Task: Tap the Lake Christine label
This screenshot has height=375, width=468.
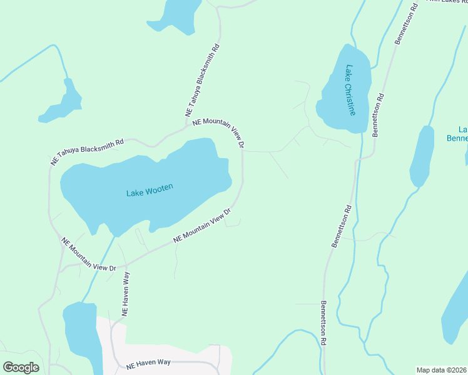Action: coord(350,90)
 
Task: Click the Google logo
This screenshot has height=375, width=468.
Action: coord(21,367)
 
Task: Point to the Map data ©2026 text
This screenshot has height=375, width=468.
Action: coord(442,370)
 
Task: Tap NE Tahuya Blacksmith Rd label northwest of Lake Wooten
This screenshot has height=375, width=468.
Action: coord(87,151)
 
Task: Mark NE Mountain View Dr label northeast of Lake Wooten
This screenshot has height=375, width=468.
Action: coord(217,132)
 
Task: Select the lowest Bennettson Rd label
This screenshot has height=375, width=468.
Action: coord(324,324)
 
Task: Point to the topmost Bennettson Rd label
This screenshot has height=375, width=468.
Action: coord(406,24)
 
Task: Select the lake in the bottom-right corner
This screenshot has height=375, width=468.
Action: coord(455,312)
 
